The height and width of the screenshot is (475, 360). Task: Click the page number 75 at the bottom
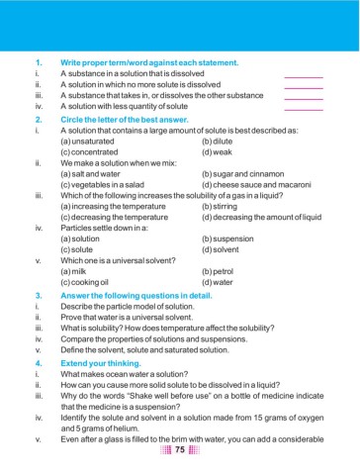180,451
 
